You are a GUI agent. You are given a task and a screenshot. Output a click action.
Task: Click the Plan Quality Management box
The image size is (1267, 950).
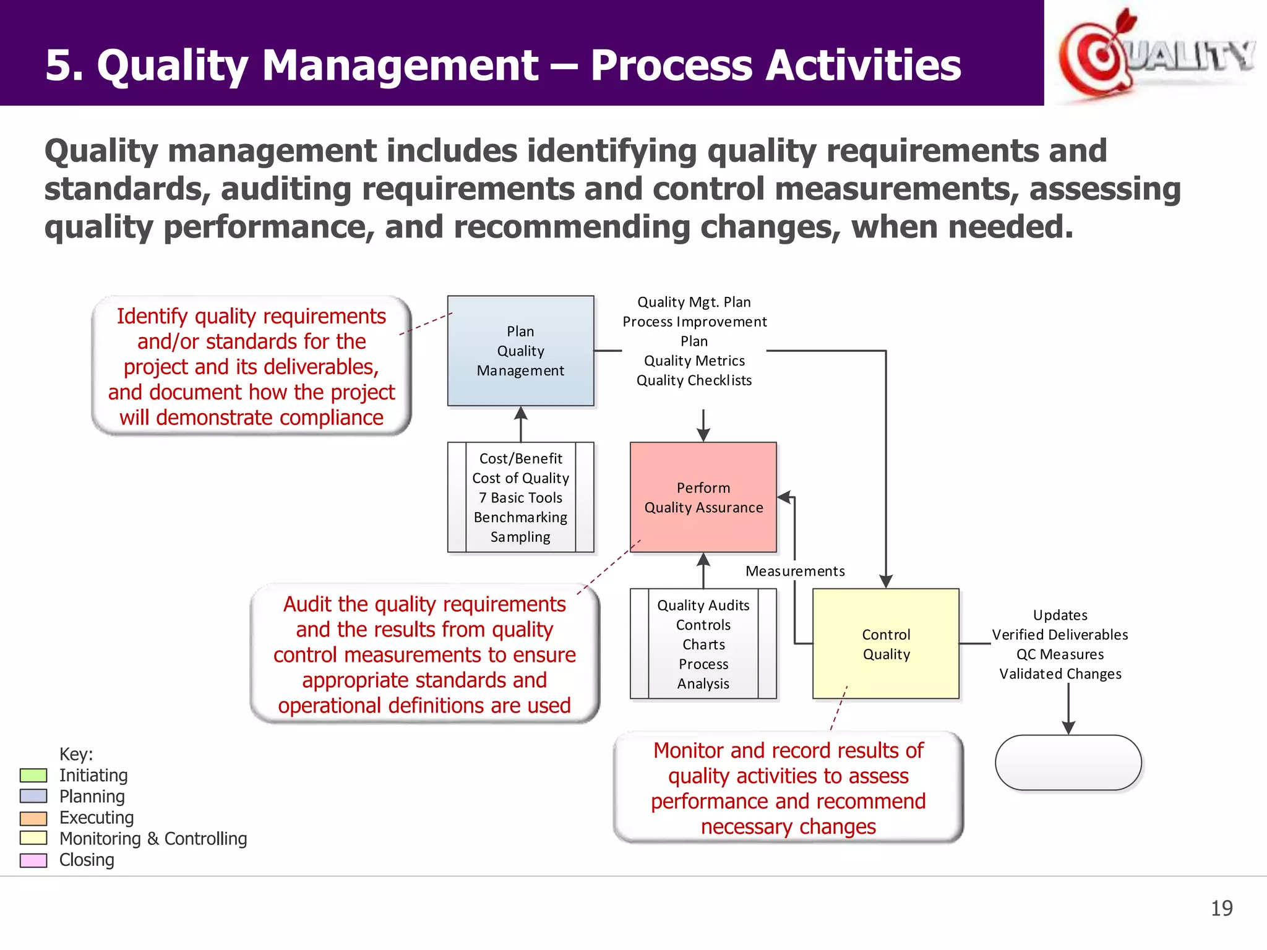[x=520, y=351]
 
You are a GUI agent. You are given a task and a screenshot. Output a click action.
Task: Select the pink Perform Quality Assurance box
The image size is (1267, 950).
[x=703, y=497]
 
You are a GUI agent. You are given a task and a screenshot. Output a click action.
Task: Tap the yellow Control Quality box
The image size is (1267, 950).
[x=885, y=644]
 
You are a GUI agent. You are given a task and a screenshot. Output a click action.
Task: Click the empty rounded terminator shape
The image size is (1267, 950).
[x=1068, y=763]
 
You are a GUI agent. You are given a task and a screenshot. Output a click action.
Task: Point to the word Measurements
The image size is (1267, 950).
[x=794, y=571]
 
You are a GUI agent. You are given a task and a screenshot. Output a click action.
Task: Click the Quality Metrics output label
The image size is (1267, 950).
[x=694, y=361]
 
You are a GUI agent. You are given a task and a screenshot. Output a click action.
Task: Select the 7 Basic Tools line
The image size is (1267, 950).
[x=520, y=498]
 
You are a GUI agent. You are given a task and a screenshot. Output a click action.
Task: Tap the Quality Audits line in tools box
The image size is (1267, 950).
[x=703, y=606]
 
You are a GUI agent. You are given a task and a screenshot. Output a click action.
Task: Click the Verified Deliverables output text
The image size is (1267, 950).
[x=1060, y=635]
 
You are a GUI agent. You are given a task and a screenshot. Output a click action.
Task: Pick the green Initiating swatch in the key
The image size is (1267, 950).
[x=33, y=776]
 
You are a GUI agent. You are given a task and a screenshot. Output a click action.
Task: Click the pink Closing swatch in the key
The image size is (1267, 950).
[x=33, y=860]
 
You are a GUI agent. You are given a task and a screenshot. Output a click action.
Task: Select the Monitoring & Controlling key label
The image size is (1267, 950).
[x=153, y=839]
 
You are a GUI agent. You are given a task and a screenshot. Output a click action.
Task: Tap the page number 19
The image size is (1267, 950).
[x=1221, y=908]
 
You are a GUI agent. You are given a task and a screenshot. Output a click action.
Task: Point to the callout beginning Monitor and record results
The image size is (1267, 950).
[x=788, y=788]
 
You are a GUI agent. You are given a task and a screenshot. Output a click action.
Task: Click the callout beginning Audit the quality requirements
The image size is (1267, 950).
[x=424, y=654]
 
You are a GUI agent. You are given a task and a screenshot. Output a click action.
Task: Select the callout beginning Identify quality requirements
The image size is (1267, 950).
[x=251, y=366]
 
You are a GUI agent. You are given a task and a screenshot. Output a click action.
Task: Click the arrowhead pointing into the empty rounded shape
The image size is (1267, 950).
[x=1068, y=728]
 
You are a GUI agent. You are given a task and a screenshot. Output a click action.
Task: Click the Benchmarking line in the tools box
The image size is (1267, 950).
[x=520, y=517]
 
